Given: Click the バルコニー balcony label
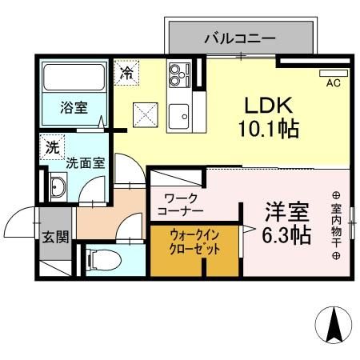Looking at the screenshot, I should tap(239, 37).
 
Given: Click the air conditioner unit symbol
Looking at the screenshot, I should tap(333, 72).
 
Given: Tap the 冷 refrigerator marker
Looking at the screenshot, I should tap(126, 72).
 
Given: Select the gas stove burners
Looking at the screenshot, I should tap(177, 76).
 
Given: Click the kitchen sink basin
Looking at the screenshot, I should tap(179, 113).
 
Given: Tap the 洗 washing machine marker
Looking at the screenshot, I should tap(51, 147).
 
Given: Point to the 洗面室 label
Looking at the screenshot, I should tap(85, 162).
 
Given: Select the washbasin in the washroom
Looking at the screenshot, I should tap(58, 189).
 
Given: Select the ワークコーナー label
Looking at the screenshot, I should tap(184, 204).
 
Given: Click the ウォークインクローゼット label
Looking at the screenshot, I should tap(196, 242).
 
